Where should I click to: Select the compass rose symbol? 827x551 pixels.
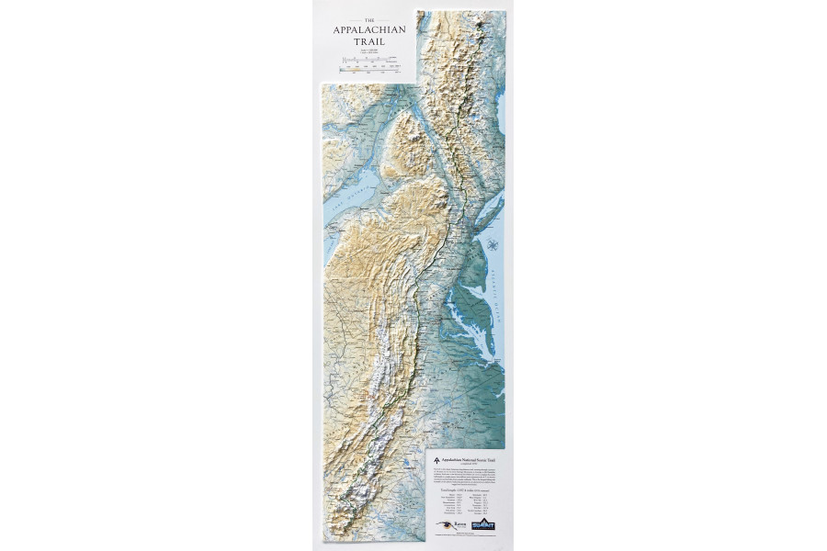point(493,244)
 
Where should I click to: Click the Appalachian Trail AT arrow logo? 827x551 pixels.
point(435,455)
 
